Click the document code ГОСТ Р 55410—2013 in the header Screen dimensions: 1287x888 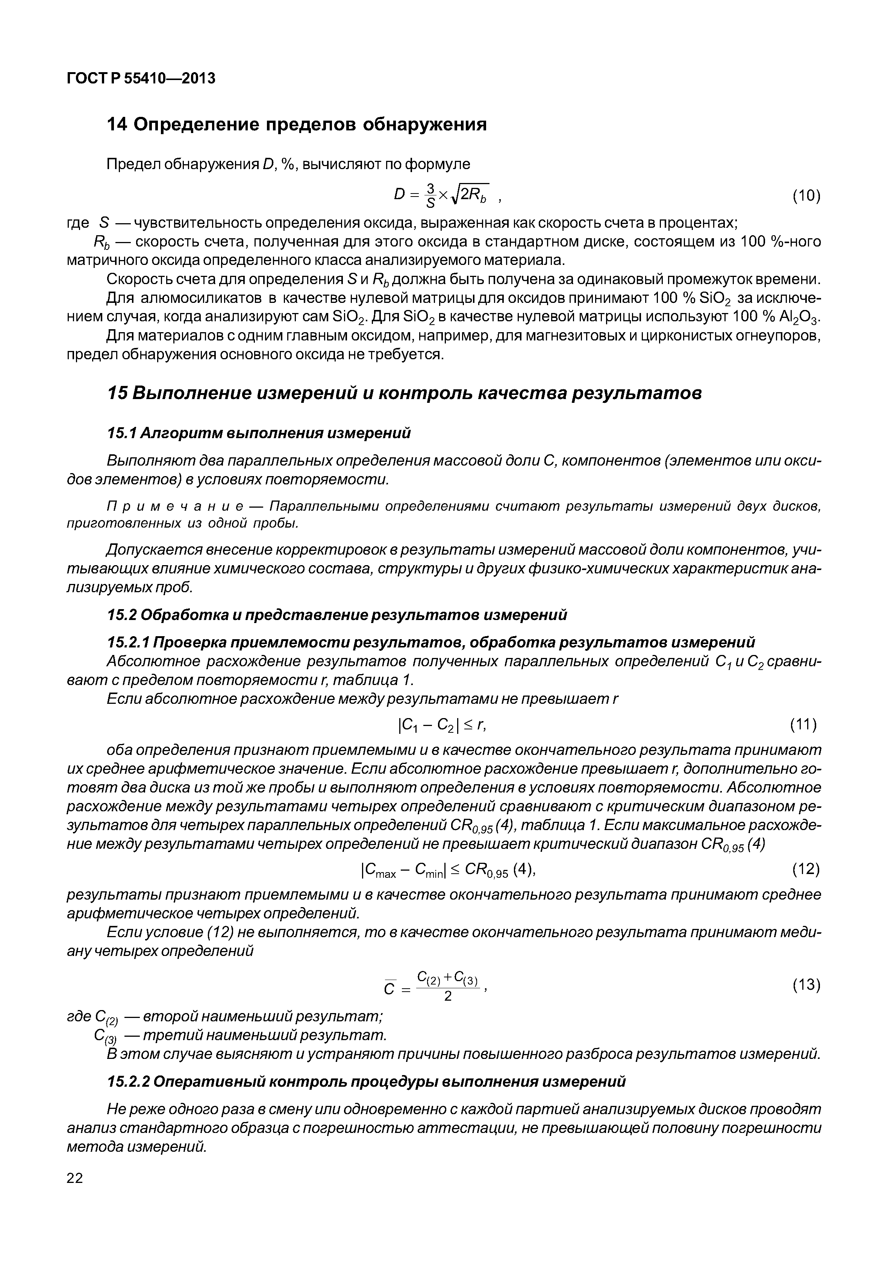tap(140, 79)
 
